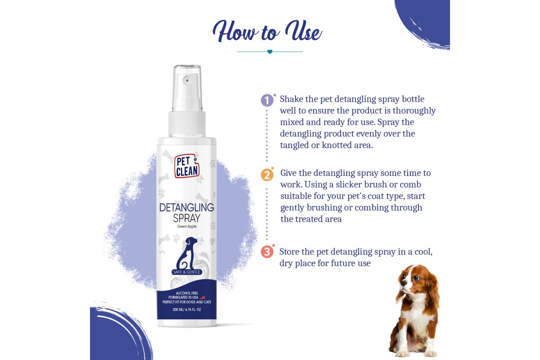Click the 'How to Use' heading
[x=267, y=32]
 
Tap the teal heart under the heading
[x=270, y=52]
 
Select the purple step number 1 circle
[x=267, y=100]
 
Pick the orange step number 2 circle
[x=267, y=175]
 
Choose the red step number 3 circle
[x=267, y=252]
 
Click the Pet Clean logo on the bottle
[x=187, y=166]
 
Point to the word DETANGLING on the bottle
[x=187, y=207]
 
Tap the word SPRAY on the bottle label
[x=187, y=218]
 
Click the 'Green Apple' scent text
[x=187, y=226]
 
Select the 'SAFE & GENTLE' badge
[x=187, y=272]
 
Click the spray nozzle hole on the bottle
[x=187, y=80]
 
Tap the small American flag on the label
[x=202, y=297]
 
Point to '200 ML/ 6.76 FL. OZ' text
[x=187, y=310]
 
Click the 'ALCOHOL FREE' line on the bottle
[x=187, y=293]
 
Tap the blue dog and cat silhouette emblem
[x=187, y=253]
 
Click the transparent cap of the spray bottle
[x=187, y=88]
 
